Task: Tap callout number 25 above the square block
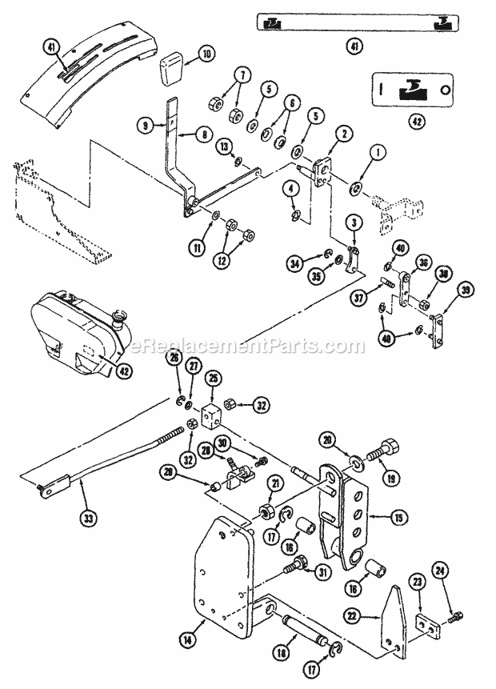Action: [x=212, y=376]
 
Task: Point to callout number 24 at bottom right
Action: [x=439, y=593]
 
